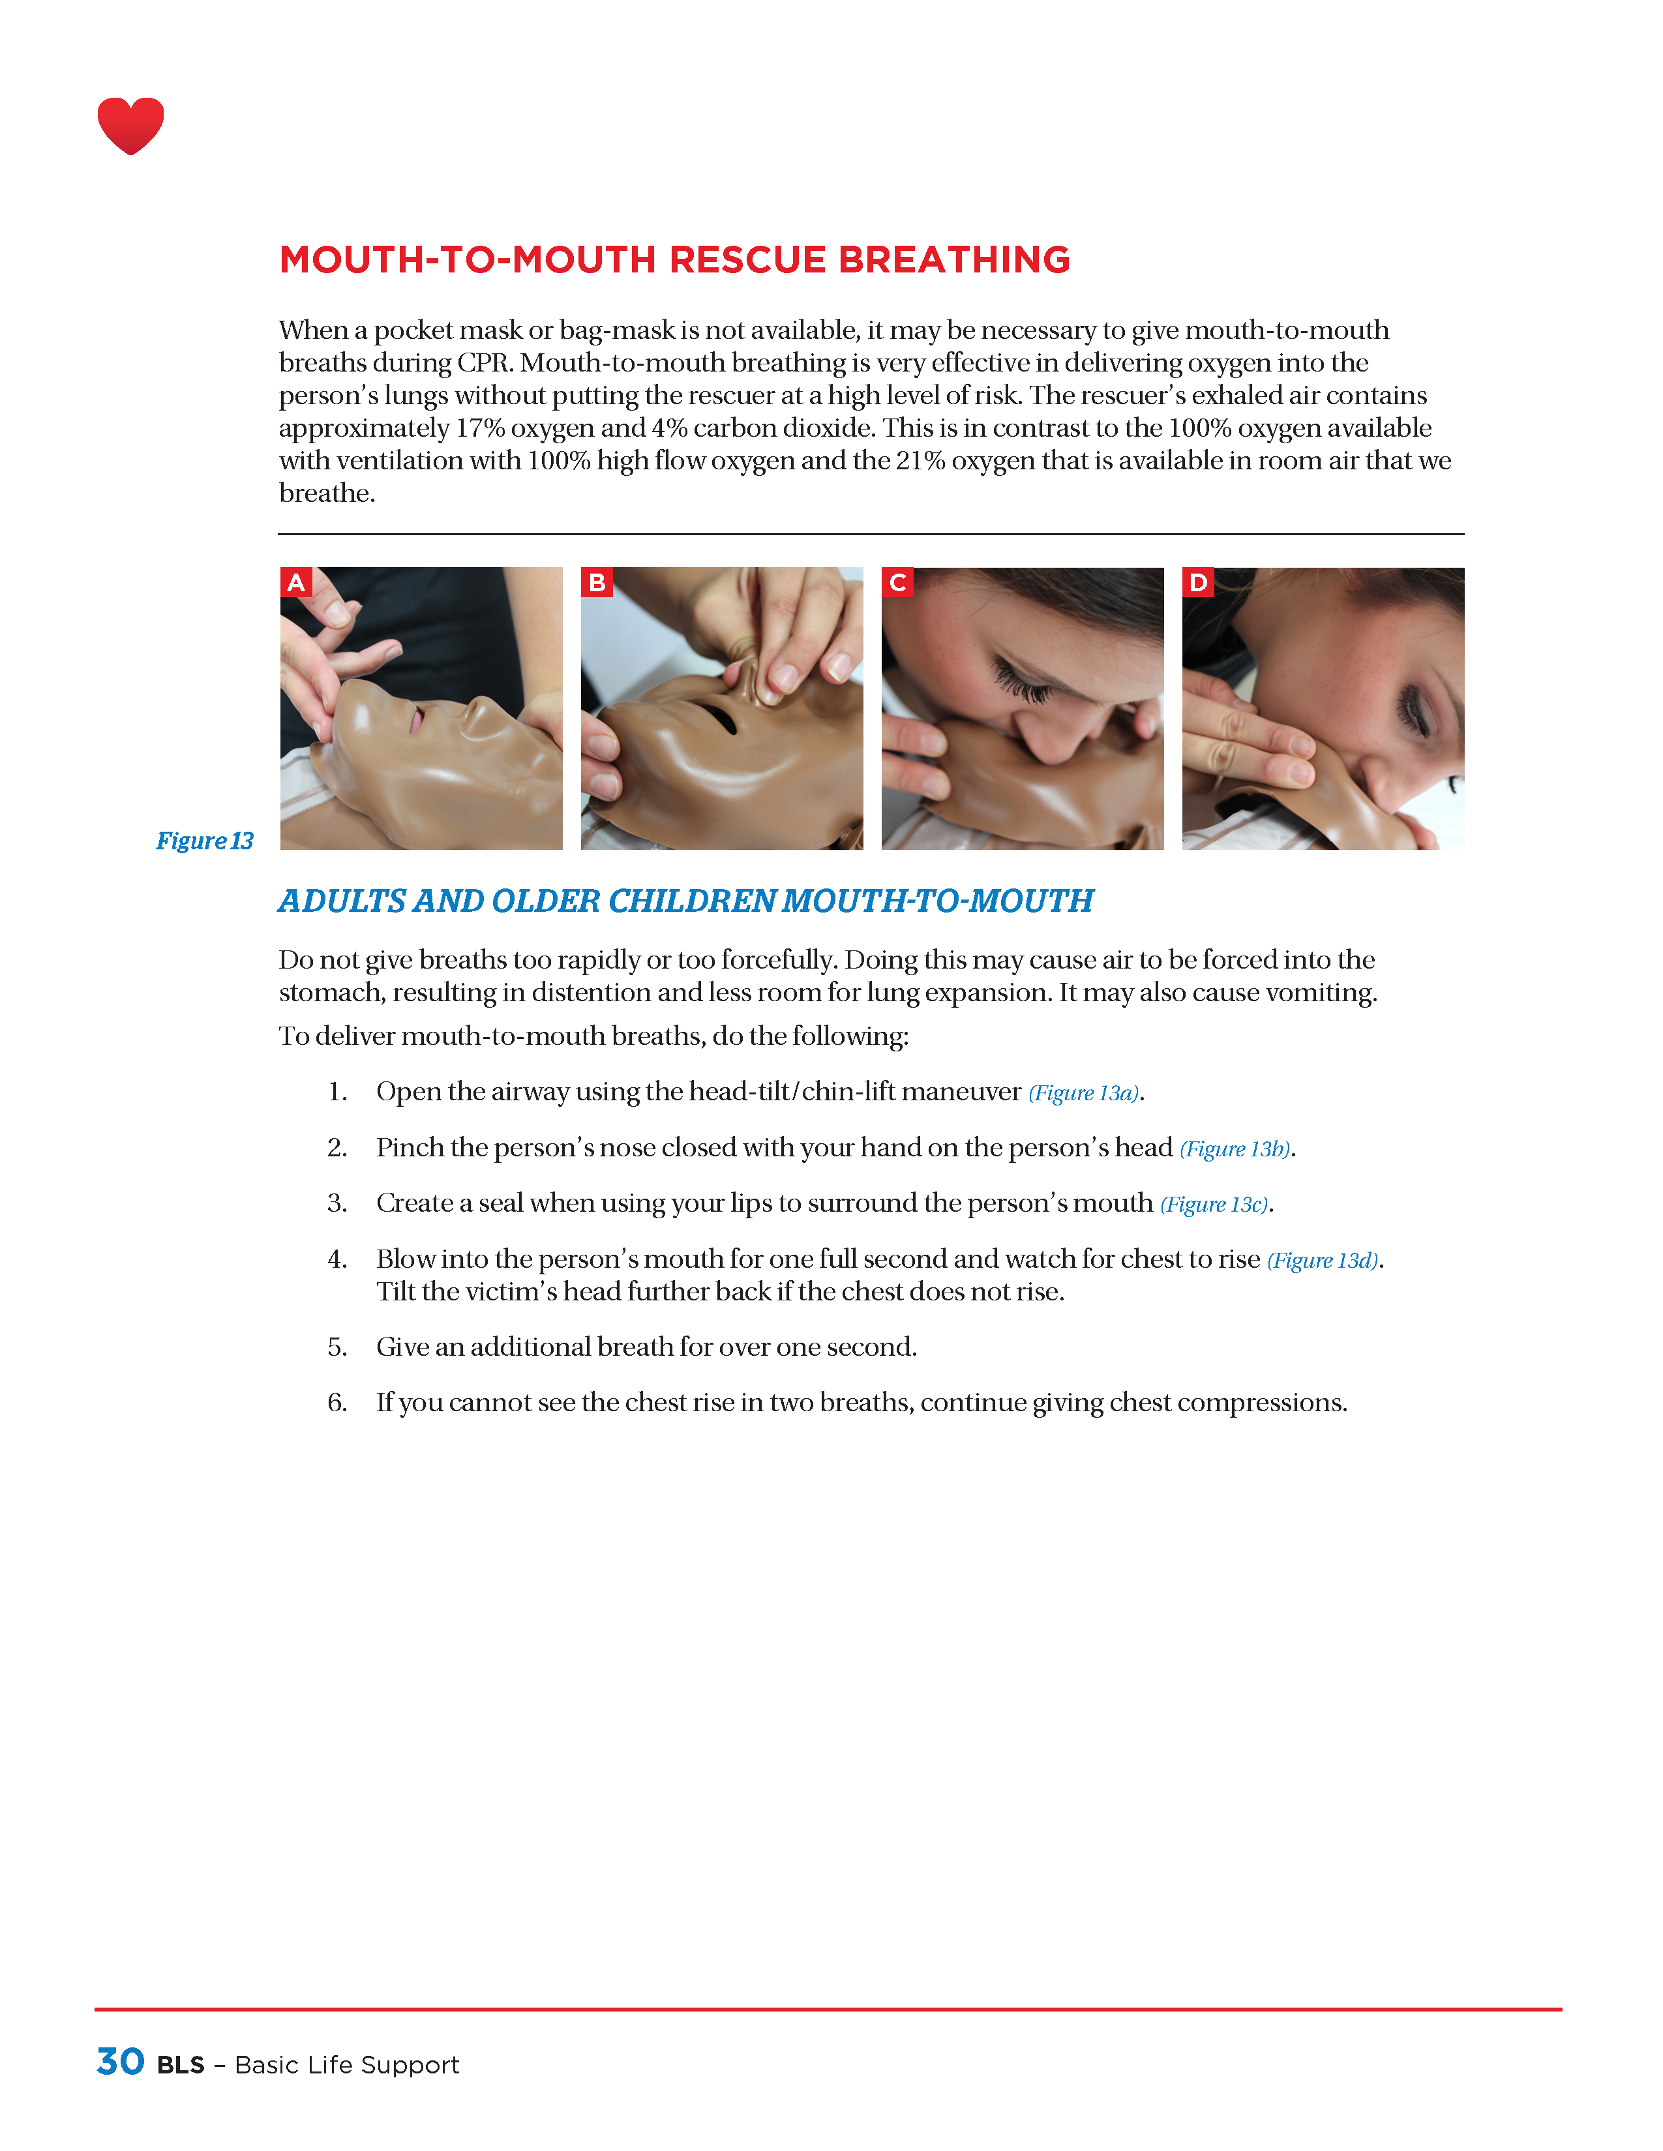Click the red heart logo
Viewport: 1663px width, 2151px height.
[130, 125]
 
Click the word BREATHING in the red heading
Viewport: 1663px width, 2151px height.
[953, 260]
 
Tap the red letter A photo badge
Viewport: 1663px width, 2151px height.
[295, 582]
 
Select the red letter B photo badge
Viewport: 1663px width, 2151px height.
[596, 582]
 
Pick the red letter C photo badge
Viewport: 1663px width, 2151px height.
[897, 582]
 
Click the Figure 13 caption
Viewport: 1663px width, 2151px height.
[205, 840]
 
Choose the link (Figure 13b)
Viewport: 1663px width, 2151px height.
[1235, 1149]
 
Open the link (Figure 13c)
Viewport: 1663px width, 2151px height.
[1214, 1205]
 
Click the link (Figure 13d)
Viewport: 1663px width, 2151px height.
[1322, 1261]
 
